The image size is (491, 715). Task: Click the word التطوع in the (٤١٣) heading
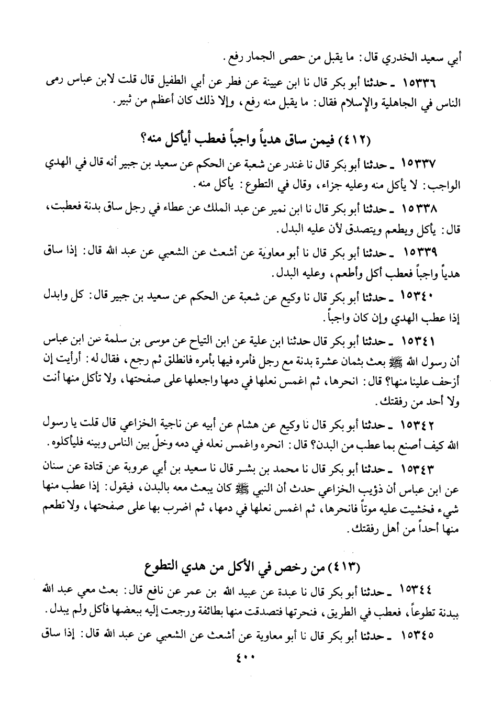(161, 568)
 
